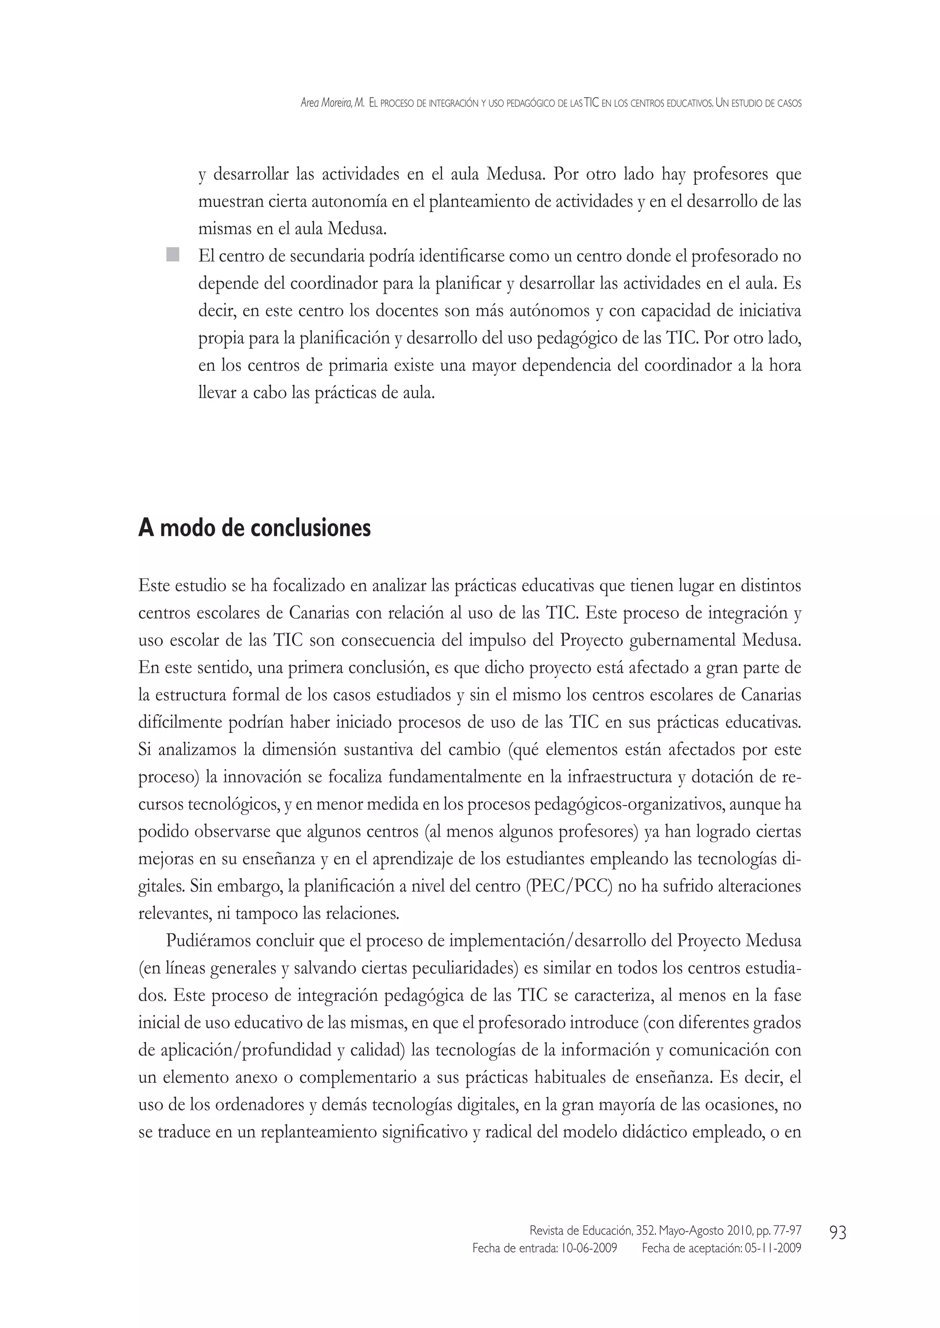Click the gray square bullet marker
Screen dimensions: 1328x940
172,255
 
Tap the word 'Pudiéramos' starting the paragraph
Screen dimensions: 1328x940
207,941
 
